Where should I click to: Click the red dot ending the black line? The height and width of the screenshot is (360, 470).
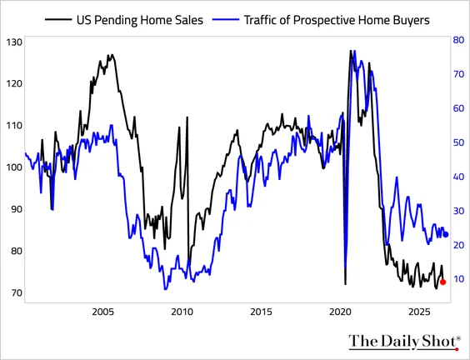coord(442,282)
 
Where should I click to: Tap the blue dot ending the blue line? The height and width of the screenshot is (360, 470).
coord(446,234)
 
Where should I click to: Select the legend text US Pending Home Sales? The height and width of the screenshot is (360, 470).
coord(140,20)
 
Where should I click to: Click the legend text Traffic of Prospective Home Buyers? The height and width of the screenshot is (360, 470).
coord(337,20)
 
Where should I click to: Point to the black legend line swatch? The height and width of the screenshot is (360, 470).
coord(58,20)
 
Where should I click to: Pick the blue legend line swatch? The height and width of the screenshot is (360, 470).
coord(226,20)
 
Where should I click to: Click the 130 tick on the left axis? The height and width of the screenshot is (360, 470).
coord(14,42)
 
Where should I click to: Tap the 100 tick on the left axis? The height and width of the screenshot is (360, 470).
coord(14,167)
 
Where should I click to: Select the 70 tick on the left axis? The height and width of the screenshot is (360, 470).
coord(17,292)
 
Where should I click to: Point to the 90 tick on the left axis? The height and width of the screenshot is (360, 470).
coord(17,209)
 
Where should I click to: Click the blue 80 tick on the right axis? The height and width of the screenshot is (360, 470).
coord(458,40)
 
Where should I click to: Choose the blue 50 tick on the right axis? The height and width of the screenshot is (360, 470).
coord(458,142)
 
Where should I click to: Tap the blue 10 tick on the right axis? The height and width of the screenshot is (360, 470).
coord(458,279)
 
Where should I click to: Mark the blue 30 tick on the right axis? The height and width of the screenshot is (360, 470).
coord(458,211)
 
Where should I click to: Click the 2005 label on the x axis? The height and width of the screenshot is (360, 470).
coord(103,312)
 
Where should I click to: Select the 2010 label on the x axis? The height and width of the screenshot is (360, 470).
coord(182,312)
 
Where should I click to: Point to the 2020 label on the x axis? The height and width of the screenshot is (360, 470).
coord(340,312)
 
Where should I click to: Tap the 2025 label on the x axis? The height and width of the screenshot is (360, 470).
coord(419,312)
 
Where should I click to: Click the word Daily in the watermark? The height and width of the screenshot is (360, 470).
coord(397,342)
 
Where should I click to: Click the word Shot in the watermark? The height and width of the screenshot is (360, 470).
coord(438,341)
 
